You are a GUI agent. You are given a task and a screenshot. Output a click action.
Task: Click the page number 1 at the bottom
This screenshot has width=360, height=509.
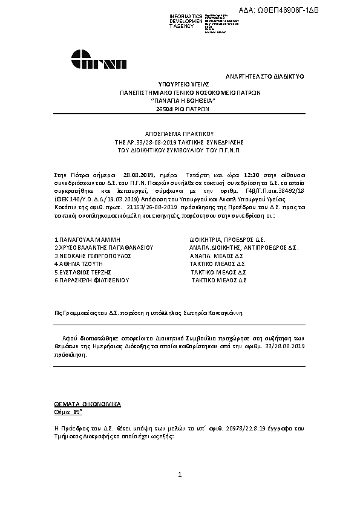click(x=180, y=476)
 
